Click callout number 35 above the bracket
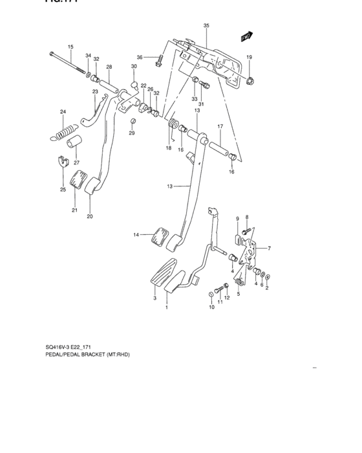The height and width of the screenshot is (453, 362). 206,26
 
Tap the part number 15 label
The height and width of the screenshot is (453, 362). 70,47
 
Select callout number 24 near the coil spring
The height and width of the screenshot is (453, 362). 63,112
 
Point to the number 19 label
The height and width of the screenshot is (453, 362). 249,58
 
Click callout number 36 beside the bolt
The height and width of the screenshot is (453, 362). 148,58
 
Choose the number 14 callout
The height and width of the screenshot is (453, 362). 137,235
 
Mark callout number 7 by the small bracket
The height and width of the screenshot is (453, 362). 270,249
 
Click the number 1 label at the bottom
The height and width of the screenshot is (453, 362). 166,308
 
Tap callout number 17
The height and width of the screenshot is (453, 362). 220,126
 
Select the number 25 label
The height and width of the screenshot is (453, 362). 63,190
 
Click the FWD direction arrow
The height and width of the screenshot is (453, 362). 245,38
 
